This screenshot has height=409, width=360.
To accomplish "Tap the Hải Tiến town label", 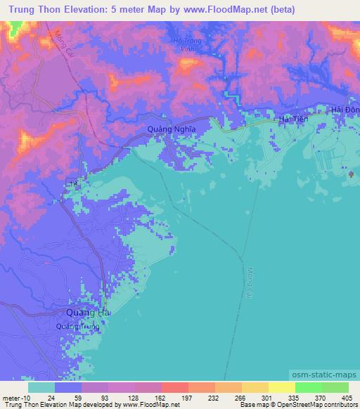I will (294, 120).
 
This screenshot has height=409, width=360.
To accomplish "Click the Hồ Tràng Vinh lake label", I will (186, 44).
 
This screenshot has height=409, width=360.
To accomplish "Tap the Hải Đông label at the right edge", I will (345, 110).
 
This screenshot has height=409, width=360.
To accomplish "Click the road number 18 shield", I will (72, 184).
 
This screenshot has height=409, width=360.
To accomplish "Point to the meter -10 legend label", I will (15, 397).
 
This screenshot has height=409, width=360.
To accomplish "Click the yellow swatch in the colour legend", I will (281, 387).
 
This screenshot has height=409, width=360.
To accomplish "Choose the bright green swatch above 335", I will (307, 387).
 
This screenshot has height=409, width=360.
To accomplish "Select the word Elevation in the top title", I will (88, 10).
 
